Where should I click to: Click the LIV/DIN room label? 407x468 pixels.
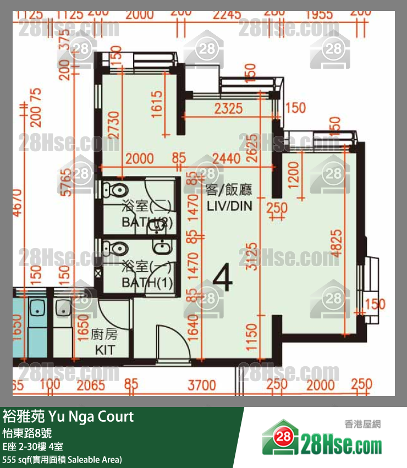coord(230,206)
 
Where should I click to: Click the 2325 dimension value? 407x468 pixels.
coord(229,108)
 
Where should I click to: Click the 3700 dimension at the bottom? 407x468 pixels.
coord(202,385)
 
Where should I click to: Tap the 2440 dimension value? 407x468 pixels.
coord(226,159)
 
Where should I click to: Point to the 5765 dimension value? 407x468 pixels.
coord(66,183)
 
